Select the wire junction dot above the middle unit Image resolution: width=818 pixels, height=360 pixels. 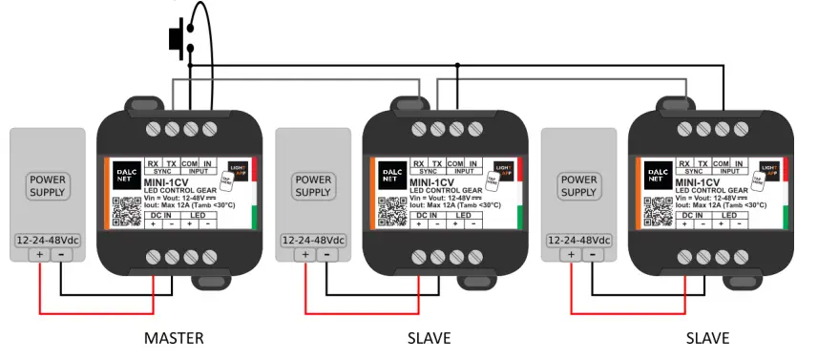tap(457, 65)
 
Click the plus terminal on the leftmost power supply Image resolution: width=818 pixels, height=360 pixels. tap(39, 255)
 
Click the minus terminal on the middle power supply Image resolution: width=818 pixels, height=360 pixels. tap(326, 255)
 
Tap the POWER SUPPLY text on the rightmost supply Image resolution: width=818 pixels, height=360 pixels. tap(578, 185)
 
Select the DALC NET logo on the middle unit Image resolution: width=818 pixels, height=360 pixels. tap(391, 172)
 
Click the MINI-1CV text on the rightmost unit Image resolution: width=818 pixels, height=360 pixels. tap(698, 181)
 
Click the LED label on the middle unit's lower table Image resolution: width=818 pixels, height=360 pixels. tap(463, 216)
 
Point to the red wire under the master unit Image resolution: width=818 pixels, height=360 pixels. tap(95, 311)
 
